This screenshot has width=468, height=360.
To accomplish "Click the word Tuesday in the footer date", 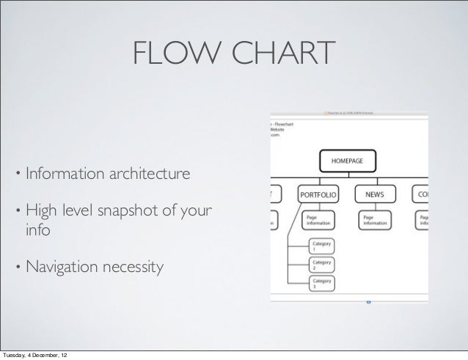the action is click(x=15, y=356).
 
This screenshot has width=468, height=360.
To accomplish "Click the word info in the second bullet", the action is click(x=38, y=232).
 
